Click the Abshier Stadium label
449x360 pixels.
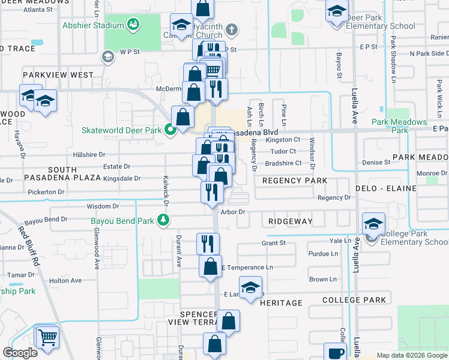pyautogui.click(x=93, y=26)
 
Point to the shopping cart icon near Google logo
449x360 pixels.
pyautogui.click(x=47, y=337)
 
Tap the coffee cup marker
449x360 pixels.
pyautogui.click(x=335, y=353)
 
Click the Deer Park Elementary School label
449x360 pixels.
pyautogui.click(x=381, y=26)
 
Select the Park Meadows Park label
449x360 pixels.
pyautogui.click(x=399, y=125)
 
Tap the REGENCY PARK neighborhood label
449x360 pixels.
pyautogui.click(x=295, y=181)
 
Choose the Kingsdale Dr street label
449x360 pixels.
pyautogui.click(x=122, y=178)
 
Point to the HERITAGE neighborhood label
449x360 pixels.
pyautogui.click(x=281, y=303)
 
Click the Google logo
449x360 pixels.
pyautogui.click(x=20, y=352)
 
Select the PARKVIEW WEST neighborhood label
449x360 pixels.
pyautogui.click(x=58, y=75)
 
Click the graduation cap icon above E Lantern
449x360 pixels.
pyautogui.click(x=251, y=286)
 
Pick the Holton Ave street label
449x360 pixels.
pyautogui.click(x=65, y=280)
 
